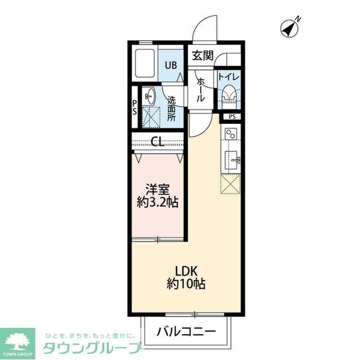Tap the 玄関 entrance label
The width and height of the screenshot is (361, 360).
coord(202,55)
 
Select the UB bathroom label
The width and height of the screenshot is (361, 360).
coord(170,64)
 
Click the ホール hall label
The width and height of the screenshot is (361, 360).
coord(200,90)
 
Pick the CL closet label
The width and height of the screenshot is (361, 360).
coord(157,142)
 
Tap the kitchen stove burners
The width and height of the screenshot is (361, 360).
coord(231,136)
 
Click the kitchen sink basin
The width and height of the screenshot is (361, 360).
coord(231,159)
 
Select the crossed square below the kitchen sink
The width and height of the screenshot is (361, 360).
coord(231,184)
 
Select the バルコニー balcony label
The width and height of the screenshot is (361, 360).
coord(187,331)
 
